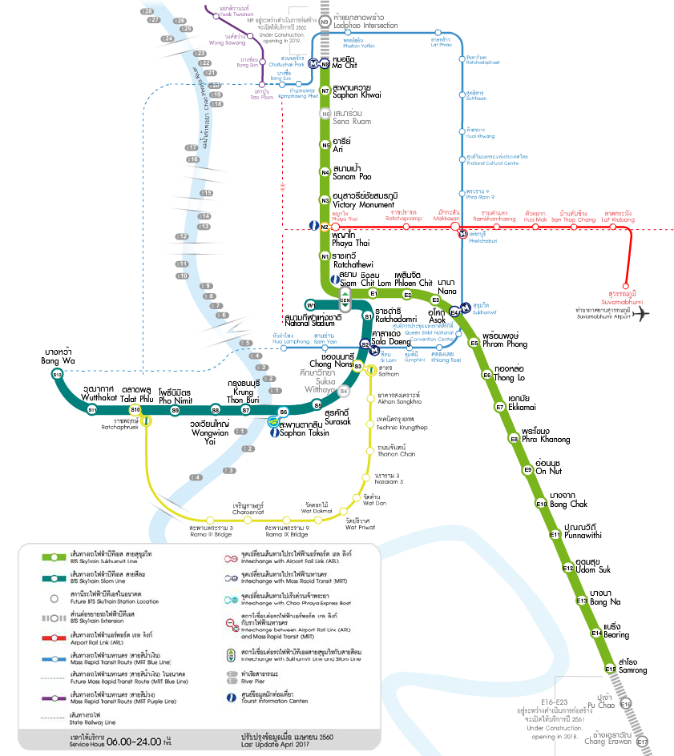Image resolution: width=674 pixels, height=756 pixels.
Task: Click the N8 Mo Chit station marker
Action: pyautogui.click(x=325, y=65)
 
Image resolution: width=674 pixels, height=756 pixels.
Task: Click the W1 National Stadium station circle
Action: pyautogui.click(x=311, y=305)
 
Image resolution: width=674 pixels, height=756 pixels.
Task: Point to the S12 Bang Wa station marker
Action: pyautogui.click(x=57, y=374)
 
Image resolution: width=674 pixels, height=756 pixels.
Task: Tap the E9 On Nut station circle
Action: pyautogui.click(x=528, y=469)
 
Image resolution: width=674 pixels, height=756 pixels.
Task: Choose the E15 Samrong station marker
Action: pyautogui.click(x=610, y=668)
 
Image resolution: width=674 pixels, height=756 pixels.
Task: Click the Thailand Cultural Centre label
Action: pyautogui.click(x=498, y=160)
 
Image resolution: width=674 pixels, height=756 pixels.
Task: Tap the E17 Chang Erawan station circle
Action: pyautogui.click(x=642, y=742)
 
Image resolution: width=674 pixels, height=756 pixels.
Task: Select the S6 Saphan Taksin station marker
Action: pyautogui.click(x=283, y=412)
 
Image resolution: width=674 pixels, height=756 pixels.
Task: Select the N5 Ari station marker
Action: pyautogui.click(x=325, y=145)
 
